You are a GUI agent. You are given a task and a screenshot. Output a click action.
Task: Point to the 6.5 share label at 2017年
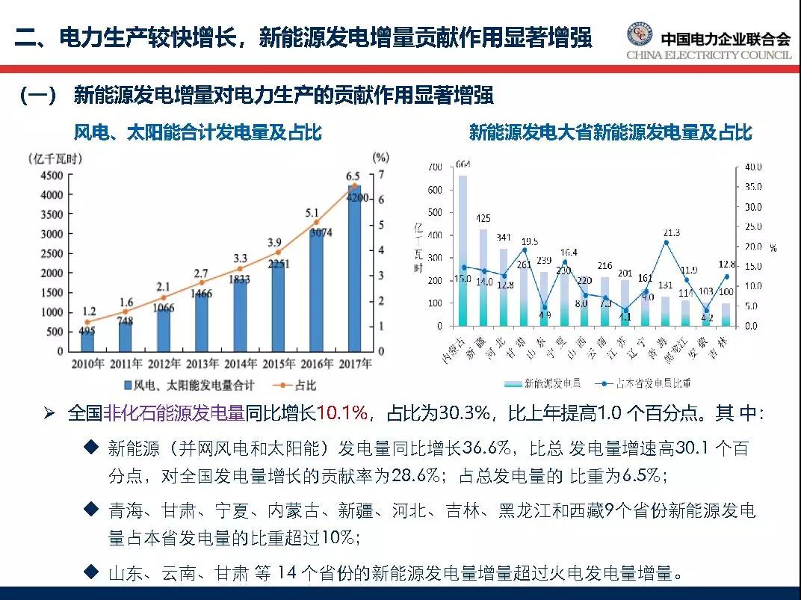point(353,176)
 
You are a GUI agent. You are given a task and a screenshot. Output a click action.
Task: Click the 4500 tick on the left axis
point(50,175)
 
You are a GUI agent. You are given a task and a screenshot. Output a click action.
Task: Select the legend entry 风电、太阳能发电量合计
point(188,386)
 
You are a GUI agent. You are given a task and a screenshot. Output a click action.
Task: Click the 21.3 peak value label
point(671,232)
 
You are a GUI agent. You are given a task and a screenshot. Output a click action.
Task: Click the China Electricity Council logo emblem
point(638,35)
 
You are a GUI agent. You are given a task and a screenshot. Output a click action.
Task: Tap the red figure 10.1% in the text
point(342,413)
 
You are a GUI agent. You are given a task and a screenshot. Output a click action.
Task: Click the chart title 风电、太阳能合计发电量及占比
point(197,133)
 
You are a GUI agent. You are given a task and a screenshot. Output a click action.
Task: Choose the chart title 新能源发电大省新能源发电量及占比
point(610,133)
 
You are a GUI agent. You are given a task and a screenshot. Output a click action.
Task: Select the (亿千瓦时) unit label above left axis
point(55,158)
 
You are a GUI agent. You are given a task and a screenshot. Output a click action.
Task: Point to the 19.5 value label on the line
point(528,241)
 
